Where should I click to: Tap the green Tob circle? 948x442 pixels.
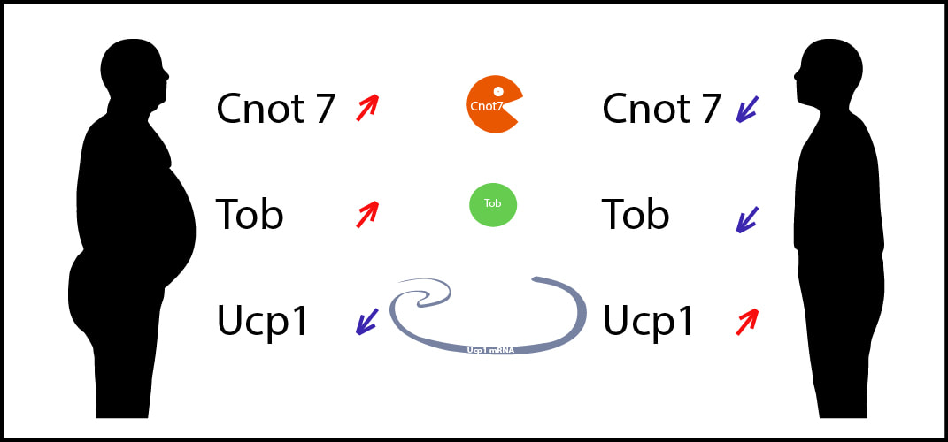click(x=493, y=205)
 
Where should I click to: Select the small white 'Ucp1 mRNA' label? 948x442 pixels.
click(x=490, y=350)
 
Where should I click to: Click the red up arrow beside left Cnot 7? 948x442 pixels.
click(x=367, y=108)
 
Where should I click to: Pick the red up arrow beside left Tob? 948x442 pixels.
click(x=367, y=214)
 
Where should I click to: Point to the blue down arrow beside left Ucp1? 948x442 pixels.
click(x=366, y=321)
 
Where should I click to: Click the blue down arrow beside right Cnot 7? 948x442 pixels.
click(x=747, y=110)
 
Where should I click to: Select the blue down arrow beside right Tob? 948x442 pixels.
click(x=747, y=219)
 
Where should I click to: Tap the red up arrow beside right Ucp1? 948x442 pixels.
click(x=747, y=321)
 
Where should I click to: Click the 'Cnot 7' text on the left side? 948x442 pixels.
click(x=275, y=109)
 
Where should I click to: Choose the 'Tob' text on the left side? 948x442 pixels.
click(x=250, y=214)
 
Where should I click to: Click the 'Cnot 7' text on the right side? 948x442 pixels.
click(x=661, y=109)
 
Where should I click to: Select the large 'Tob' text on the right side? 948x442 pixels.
click(x=636, y=214)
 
